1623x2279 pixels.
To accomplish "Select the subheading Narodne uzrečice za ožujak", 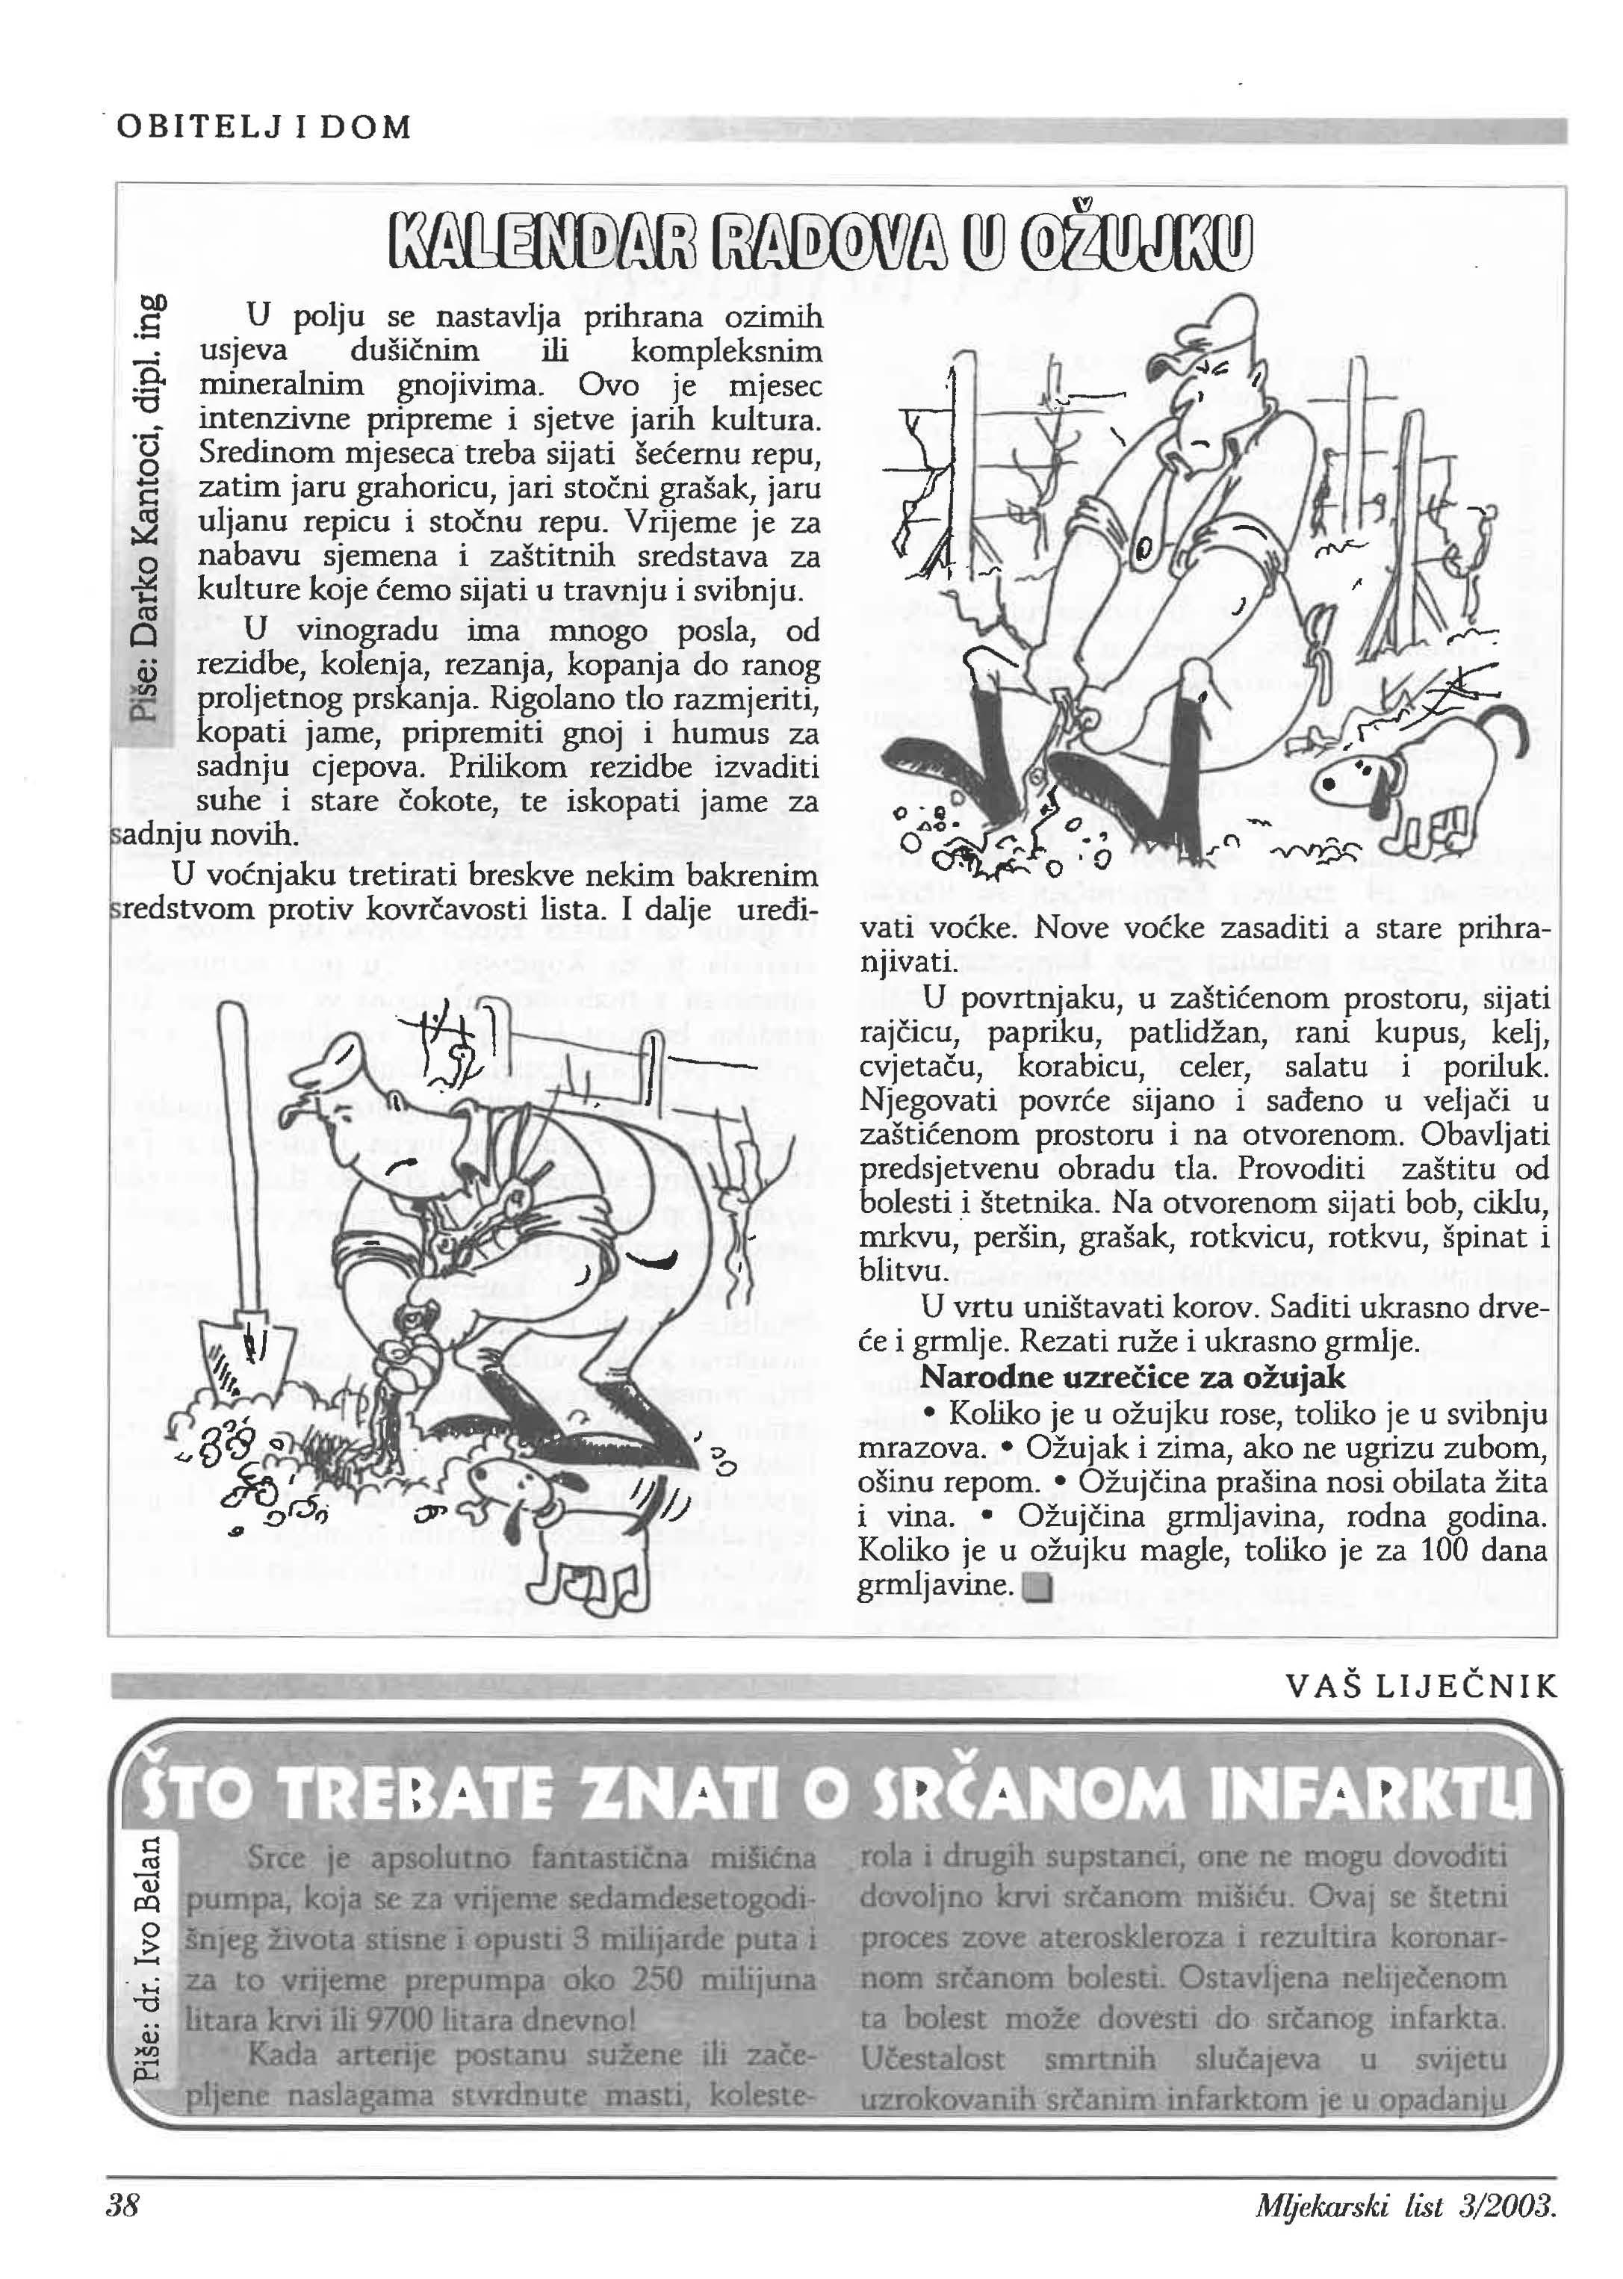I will click(x=1132, y=1377).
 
